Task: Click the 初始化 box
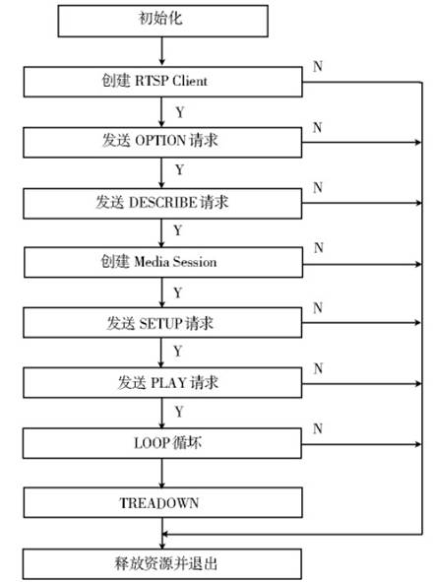[163, 21]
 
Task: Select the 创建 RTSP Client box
[163, 82]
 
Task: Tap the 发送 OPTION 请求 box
[162, 142]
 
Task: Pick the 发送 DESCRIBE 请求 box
[162, 204]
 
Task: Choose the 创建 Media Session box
[163, 262]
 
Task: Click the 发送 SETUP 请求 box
[162, 323]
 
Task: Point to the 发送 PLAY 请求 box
[162, 383]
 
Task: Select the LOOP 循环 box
[162, 443]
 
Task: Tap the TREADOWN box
[163, 502]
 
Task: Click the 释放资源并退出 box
[162, 564]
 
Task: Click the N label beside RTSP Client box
[318, 66]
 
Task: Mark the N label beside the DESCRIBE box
[318, 188]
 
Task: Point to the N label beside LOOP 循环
[318, 428]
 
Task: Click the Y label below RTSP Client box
[180, 112]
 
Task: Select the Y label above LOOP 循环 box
[179, 412]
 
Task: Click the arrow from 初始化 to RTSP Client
[161, 51]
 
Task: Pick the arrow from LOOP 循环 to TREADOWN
[161, 474]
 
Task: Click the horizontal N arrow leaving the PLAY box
[362, 383]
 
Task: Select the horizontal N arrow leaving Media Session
[362, 264]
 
